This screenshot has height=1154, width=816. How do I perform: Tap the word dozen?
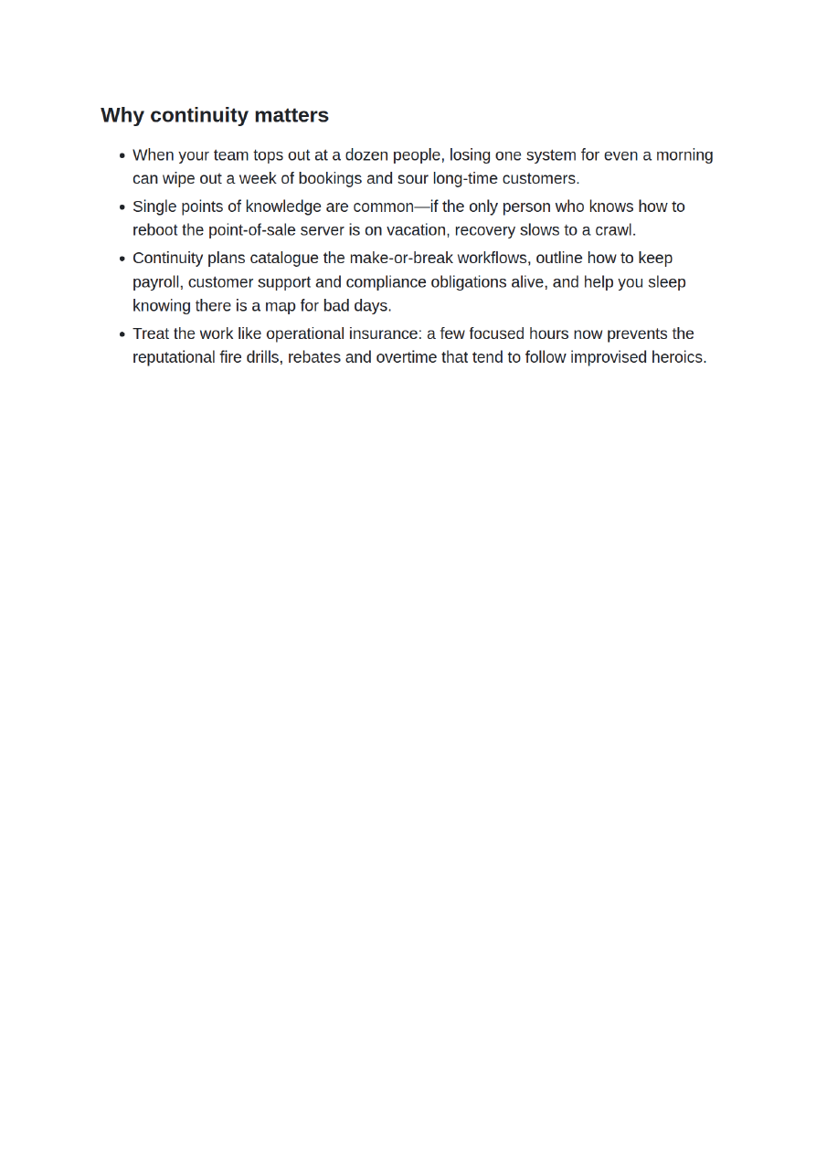tap(366, 155)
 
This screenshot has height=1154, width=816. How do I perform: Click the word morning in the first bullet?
tap(684, 155)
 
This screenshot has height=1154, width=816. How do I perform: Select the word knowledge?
tap(283, 206)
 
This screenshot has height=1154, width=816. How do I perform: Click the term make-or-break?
tap(401, 259)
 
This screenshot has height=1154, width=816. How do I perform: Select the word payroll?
tap(156, 281)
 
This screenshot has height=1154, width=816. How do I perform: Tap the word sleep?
tap(667, 281)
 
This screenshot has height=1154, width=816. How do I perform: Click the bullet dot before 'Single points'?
tap(122, 207)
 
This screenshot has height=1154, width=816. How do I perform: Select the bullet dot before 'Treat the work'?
tap(122, 334)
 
